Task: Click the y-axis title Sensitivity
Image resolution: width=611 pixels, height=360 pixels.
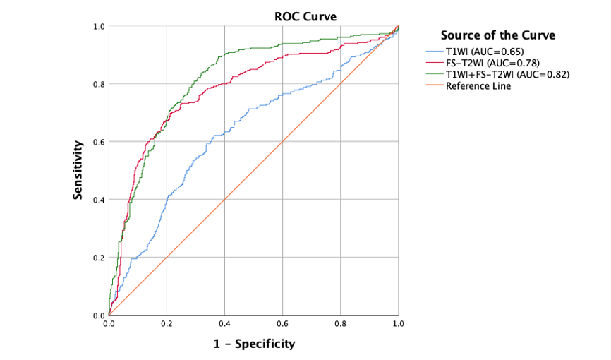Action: coord(80,170)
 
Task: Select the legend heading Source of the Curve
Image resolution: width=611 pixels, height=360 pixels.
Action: coord(497,35)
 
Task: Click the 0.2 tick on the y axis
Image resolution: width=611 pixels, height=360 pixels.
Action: coord(99,258)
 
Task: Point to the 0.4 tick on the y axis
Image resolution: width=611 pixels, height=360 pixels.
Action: coord(99,200)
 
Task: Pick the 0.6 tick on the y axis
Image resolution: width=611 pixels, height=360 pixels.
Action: coord(99,142)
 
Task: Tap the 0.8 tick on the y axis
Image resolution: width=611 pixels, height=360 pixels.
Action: coord(99,84)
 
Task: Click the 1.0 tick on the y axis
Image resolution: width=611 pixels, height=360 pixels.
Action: coord(99,27)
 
